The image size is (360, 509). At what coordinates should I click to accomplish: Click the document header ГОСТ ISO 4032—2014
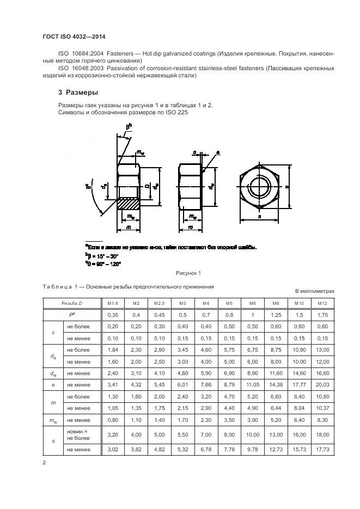74,36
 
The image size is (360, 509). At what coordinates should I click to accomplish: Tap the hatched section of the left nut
129,205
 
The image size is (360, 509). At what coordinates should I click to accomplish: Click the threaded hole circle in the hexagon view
260,186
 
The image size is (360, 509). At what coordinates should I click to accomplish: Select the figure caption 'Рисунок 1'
188,273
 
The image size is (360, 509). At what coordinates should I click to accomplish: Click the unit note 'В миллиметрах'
314,291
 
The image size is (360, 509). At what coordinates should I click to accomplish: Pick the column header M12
322,303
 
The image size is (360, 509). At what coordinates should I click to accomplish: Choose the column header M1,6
112,303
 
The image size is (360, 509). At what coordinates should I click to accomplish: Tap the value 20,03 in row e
322,385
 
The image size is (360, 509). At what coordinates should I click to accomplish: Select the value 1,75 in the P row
322,315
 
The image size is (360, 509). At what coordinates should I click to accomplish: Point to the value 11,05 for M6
252,385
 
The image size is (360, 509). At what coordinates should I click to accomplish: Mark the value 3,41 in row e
112,385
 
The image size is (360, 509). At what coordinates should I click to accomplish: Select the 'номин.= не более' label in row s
76,434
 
